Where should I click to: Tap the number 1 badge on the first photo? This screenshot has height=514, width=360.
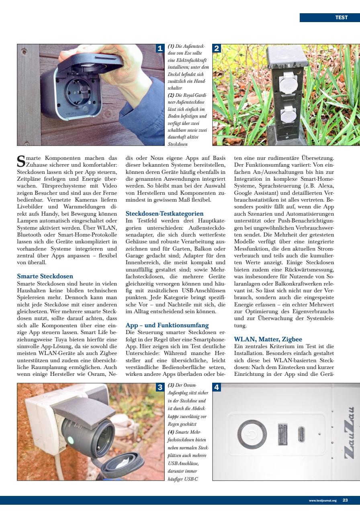(x=160, y=49)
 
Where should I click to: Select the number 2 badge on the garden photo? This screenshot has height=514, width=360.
(x=217, y=49)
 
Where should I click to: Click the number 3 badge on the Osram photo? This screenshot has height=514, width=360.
(x=160, y=388)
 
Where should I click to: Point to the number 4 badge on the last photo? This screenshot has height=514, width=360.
(x=217, y=388)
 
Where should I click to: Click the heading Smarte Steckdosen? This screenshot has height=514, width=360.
(x=45, y=276)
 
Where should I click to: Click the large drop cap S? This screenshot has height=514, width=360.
(x=22, y=160)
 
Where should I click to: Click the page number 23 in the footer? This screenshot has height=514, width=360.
(x=345, y=500)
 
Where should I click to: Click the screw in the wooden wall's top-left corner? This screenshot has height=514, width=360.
(x=25, y=52)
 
